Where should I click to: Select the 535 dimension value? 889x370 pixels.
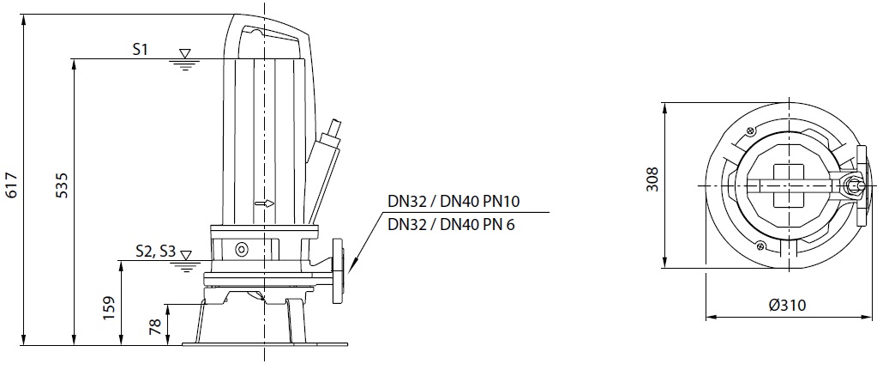pyautogui.click(x=62, y=185)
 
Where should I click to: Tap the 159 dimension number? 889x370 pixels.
pyautogui.click(x=110, y=308)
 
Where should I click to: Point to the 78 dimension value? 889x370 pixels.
pyautogui.click(x=155, y=325)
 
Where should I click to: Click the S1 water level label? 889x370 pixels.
pyautogui.click(x=140, y=50)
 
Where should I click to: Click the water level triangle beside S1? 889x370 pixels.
pyautogui.click(x=184, y=53)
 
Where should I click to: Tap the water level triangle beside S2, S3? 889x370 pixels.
pyautogui.click(x=185, y=255)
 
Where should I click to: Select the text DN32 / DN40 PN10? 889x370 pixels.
pyautogui.click(x=454, y=201)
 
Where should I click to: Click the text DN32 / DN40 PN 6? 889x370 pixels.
pyautogui.click(x=451, y=225)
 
